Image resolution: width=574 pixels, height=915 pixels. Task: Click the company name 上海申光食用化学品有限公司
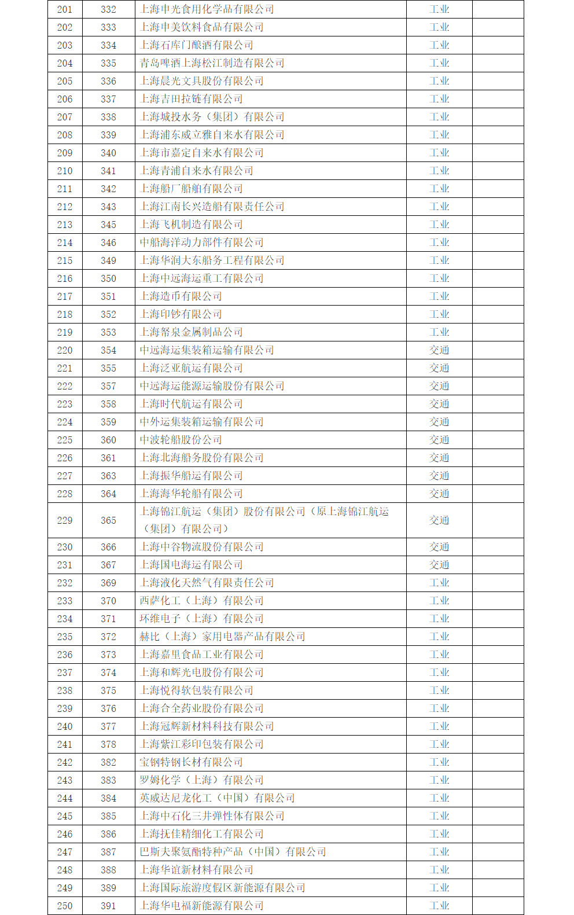point(207,9)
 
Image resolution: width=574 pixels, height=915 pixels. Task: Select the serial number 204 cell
point(65,63)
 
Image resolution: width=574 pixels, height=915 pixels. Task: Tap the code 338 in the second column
point(108,117)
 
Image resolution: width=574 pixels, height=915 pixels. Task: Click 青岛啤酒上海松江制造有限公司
point(212,63)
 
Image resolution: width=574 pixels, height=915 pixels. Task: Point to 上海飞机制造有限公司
point(191,225)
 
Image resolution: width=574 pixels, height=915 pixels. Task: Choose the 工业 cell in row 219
point(439,332)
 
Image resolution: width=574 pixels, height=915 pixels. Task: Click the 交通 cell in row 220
point(439,350)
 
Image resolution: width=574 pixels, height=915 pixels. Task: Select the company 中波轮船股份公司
point(181,440)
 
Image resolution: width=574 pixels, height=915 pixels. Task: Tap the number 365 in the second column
point(108,520)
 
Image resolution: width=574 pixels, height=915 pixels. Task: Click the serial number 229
point(65,520)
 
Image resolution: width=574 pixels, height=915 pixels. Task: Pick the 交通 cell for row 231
point(439,565)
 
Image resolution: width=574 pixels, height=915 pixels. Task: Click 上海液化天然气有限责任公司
point(207,583)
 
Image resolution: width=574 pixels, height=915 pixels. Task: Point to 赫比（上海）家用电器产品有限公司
point(222,637)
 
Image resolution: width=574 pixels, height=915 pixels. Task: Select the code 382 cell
point(108,762)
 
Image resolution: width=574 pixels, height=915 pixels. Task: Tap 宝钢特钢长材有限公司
point(191,762)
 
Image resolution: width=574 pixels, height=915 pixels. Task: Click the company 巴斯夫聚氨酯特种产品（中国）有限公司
point(233,852)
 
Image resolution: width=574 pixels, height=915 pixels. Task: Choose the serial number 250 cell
point(65,906)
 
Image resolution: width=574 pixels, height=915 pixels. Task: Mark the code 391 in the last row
point(108,906)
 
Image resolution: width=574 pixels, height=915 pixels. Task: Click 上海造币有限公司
point(181,296)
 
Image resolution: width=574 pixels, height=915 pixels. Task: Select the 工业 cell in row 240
point(439,726)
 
